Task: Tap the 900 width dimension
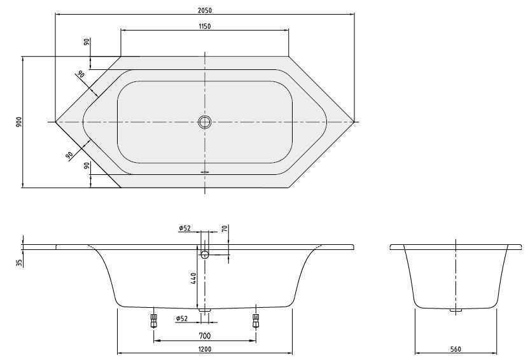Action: point(19,121)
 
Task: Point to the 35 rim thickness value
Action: point(20,262)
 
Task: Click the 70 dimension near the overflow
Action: point(225,230)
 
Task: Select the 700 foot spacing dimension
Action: point(205,335)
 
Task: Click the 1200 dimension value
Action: point(205,349)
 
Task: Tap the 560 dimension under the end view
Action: point(455,349)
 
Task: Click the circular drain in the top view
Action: point(205,121)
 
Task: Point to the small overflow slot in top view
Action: point(205,170)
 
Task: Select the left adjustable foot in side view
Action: point(153,319)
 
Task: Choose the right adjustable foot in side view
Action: point(256,319)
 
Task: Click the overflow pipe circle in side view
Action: point(205,254)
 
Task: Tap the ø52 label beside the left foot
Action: point(183,319)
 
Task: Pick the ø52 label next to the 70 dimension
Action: point(185,228)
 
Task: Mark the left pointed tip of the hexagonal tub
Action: point(56,121)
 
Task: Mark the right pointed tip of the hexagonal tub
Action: point(354,121)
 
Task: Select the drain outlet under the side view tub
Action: point(205,311)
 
